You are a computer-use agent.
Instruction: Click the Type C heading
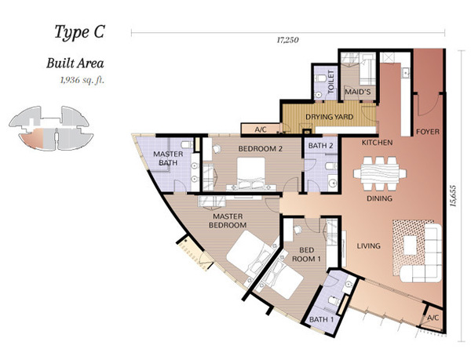(x=79, y=32)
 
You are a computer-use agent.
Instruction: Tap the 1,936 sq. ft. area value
(x=82, y=81)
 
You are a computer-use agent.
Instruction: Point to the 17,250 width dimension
(x=288, y=40)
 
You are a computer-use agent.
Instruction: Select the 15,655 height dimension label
(x=453, y=195)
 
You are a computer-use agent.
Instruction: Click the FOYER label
(x=428, y=132)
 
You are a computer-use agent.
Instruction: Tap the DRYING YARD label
(x=329, y=117)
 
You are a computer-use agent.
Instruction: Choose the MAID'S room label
(x=357, y=92)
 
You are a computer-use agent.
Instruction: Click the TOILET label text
(x=330, y=82)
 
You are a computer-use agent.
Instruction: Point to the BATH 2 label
(x=320, y=146)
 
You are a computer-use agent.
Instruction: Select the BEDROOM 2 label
(x=260, y=148)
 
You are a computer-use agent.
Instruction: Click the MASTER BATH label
(x=168, y=158)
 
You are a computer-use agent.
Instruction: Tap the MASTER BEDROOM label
(x=228, y=220)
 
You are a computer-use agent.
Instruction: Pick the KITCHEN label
(x=377, y=143)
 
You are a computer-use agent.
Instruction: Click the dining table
(x=380, y=173)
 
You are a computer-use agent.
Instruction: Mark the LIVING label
(x=369, y=246)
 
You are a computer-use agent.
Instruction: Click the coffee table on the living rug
(x=410, y=245)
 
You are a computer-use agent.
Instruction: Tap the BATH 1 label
(x=321, y=319)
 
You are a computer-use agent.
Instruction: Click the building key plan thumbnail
(x=51, y=128)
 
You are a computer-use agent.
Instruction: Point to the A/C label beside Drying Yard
(x=261, y=129)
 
